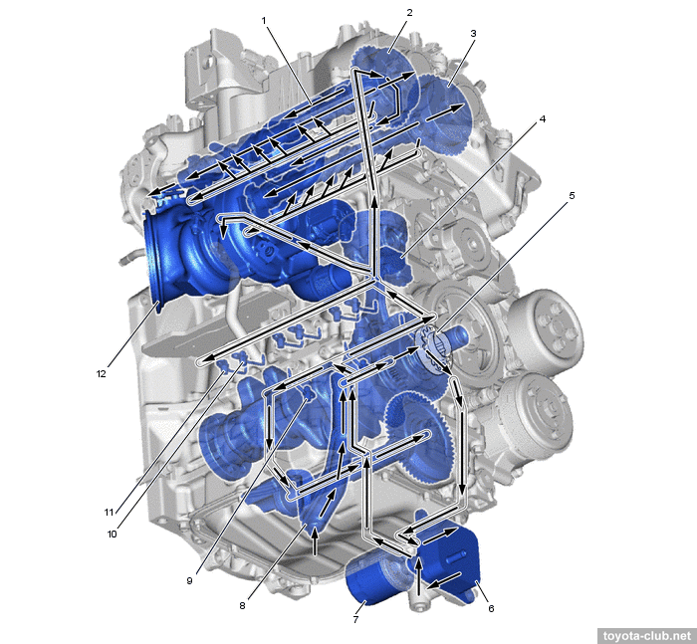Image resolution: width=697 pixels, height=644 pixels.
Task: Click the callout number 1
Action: (264, 21)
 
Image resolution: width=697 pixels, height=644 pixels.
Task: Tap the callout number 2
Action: (409, 13)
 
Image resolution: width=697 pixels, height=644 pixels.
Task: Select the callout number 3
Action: (473, 33)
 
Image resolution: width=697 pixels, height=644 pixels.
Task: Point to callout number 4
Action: (543, 119)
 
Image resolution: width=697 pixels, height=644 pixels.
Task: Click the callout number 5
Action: (572, 195)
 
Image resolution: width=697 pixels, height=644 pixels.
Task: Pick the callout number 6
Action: (491, 608)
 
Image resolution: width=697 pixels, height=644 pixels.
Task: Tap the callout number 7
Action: (355, 619)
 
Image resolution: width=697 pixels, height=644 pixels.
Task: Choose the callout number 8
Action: (242, 606)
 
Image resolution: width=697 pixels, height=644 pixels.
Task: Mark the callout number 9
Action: (189, 581)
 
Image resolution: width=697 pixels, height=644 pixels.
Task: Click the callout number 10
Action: (112, 535)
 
